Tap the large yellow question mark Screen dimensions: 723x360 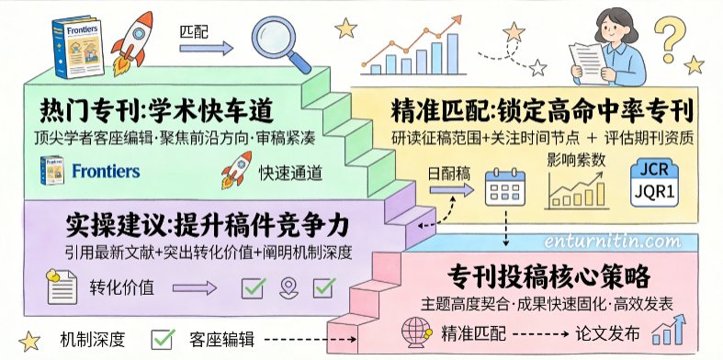pos(670,39)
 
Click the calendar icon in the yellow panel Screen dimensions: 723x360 pos(505,187)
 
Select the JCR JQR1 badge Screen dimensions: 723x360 pos(654,183)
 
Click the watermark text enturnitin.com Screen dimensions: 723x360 pos(612,242)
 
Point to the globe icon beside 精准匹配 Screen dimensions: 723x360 pos(416,332)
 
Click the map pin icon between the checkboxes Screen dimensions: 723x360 pos(288,287)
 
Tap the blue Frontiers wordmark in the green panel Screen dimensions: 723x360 pos(106,172)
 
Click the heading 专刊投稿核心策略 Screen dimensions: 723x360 pos(548,277)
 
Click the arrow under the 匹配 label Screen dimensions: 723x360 pos(207,48)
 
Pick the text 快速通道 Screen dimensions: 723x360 pos(290,174)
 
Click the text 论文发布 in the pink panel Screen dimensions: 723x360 pos(608,333)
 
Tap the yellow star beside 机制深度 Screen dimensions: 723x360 pos(29,342)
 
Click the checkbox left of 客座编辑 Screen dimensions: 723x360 pos(163,339)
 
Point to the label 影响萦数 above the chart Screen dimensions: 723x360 pos(576,160)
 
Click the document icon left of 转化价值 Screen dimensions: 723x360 pos(62,287)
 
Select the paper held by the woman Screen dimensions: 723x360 pos(588,63)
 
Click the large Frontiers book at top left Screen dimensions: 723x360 pos(78,47)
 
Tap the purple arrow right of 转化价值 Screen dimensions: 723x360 pos(195,288)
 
